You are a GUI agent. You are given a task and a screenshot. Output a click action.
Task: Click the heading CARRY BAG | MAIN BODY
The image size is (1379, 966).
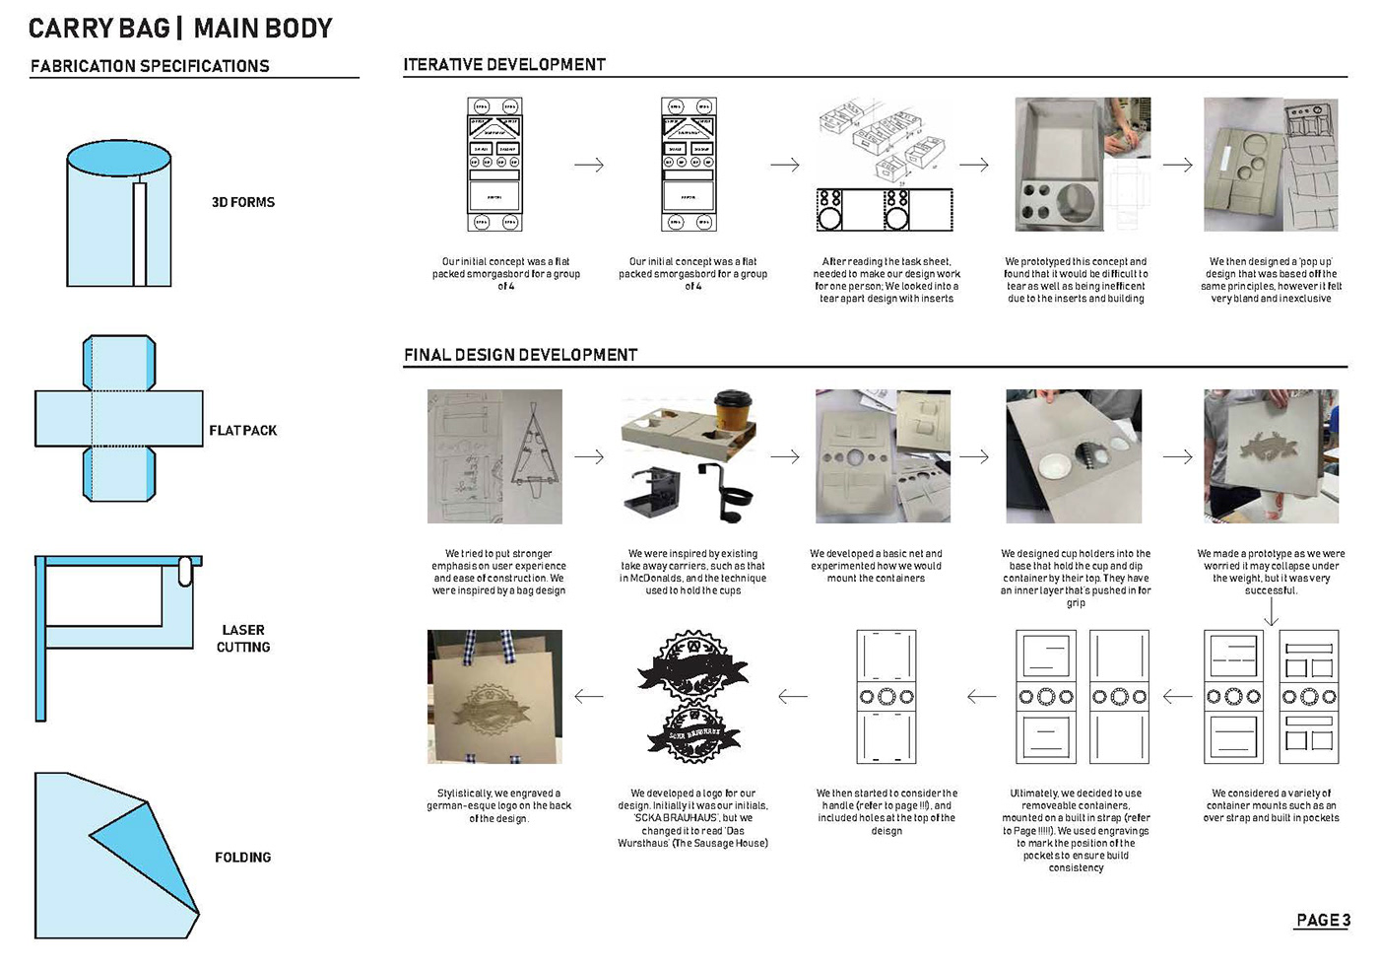point(180,29)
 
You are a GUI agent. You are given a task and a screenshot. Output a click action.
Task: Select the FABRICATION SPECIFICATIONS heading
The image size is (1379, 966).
point(150,66)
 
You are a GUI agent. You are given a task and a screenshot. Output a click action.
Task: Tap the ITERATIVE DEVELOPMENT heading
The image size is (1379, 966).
point(504,65)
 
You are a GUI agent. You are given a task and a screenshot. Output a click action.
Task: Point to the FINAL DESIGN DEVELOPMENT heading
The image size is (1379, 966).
point(520,355)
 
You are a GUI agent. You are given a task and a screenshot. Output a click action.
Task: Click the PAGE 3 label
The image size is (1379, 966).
point(1322,920)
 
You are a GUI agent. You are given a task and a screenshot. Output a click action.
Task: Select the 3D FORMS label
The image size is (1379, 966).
point(242,202)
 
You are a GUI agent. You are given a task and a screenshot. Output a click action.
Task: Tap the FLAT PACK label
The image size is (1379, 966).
point(242,431)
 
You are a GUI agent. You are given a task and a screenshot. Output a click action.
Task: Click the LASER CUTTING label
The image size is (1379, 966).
point(243,638)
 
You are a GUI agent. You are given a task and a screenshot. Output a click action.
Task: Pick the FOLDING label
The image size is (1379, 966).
point(242,858)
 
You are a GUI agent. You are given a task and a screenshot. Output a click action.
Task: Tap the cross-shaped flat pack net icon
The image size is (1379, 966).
point(119,419)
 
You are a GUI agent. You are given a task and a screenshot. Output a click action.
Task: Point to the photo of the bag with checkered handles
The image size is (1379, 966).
point(494,696)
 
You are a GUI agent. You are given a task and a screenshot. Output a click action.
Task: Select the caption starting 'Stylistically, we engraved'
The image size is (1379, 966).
point(498,805)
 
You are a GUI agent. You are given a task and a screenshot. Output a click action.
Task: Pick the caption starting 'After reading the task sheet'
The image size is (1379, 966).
point(886,280)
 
